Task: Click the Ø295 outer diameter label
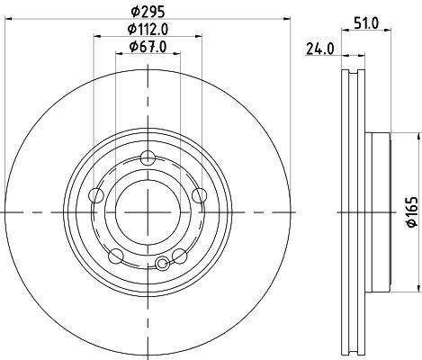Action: click(x=148, y=12)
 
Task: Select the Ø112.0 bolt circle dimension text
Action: click(x=148, y=30)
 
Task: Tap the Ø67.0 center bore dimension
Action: click(x=148, y=47)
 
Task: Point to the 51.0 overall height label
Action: click(x=366, y=23)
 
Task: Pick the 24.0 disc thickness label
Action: click(x=319, y=49)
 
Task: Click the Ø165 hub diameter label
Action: click(x=412, y=211)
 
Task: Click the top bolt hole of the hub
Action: click(x=148, y=158)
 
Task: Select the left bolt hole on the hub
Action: click(x=96, y=195)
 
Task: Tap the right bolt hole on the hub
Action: click(x=200, y=195)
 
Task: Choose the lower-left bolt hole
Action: click(x=116, y=256)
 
